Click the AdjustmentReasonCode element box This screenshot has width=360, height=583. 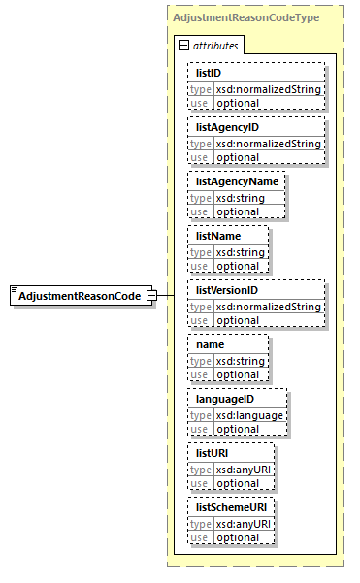coord(78,295)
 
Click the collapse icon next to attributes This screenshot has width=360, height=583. coord(183,46)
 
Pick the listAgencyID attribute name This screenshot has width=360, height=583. coord(227,127)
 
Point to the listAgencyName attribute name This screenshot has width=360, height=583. coord(237,181)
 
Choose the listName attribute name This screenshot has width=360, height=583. coord(218,236)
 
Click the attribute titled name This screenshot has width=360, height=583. coord(211,344)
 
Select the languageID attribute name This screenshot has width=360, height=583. coord(225,399)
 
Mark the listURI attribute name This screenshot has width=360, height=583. coord(213,453)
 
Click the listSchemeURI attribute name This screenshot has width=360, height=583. coord(231,507)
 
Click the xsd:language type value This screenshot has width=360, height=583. coord(249,415)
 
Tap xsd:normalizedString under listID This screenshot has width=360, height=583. coord(268,89)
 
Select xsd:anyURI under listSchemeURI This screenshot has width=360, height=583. coord(244,524)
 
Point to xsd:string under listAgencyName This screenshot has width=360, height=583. coord(239,198)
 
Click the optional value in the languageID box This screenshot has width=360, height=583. coord(237,429)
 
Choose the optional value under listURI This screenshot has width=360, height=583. coord(237,483)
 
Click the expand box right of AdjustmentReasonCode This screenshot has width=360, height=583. coord(151,295)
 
